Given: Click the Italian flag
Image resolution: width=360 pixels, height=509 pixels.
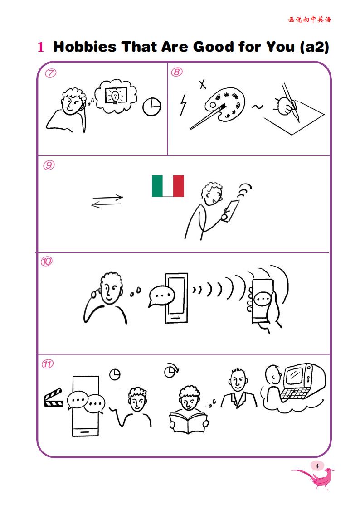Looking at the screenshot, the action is [x=168, y=186].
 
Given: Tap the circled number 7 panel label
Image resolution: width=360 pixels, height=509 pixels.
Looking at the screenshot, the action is [x=50, y=73].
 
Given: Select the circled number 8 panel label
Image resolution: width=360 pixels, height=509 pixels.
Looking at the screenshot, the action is [x=176, y=72].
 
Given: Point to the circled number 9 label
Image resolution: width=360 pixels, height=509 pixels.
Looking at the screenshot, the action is [x=49, y=165].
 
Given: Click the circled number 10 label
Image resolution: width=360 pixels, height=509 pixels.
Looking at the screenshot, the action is [x=46, y=262].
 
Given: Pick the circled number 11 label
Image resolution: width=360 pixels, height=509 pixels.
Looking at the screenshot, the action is [x=48, y=364].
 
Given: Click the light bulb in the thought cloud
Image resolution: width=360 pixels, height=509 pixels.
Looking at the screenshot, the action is [x=115, y=97].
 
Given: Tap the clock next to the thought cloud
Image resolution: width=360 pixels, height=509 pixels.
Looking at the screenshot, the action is [x=151, y=107].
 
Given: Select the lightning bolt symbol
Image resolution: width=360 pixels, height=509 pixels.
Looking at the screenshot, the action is [x=184, y=104].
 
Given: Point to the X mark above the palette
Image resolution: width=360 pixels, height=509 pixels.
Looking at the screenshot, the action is [x=203, y=84].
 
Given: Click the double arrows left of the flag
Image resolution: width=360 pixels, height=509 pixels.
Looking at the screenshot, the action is [x=107, y=201].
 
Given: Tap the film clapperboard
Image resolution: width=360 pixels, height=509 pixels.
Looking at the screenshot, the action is [x=54, y=398].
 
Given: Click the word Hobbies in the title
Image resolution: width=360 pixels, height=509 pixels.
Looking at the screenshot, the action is [x=84, y=47].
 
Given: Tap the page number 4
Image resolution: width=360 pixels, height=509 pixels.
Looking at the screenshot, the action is [x=317, y=466].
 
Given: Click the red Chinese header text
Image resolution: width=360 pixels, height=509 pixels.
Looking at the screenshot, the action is [x=309, y=19].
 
